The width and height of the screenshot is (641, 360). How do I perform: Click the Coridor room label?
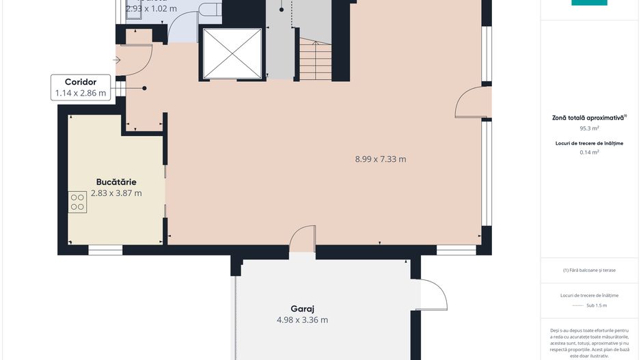pos(81,81)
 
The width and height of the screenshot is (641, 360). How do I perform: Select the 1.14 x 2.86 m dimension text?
pos(81,93)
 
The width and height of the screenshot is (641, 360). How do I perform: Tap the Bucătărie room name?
pos(116,182)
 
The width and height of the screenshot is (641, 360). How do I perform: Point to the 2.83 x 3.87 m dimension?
pos(116,193)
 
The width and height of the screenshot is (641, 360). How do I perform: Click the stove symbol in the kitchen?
pos(77,202)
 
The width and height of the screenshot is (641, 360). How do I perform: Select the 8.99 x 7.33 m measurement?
pos(380,159)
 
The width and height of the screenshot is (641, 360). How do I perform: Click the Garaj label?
pos(301,308)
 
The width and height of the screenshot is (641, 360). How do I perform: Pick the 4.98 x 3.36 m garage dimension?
pos(301,320)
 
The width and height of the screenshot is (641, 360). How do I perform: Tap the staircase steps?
pos(315,60)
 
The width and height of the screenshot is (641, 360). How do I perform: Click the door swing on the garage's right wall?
pos(432,295)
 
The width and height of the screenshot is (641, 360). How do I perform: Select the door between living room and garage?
pos(301,240)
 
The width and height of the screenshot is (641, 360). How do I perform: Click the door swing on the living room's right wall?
pos(473,102)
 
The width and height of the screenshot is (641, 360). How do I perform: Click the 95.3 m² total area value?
pos(589,128)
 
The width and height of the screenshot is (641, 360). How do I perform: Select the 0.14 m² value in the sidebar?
pos(589,152)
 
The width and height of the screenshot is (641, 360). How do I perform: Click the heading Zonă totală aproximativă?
pos(588,117)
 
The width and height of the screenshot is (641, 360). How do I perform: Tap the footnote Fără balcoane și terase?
pos(589,270)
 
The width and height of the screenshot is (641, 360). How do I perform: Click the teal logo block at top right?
pos(589,3)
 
